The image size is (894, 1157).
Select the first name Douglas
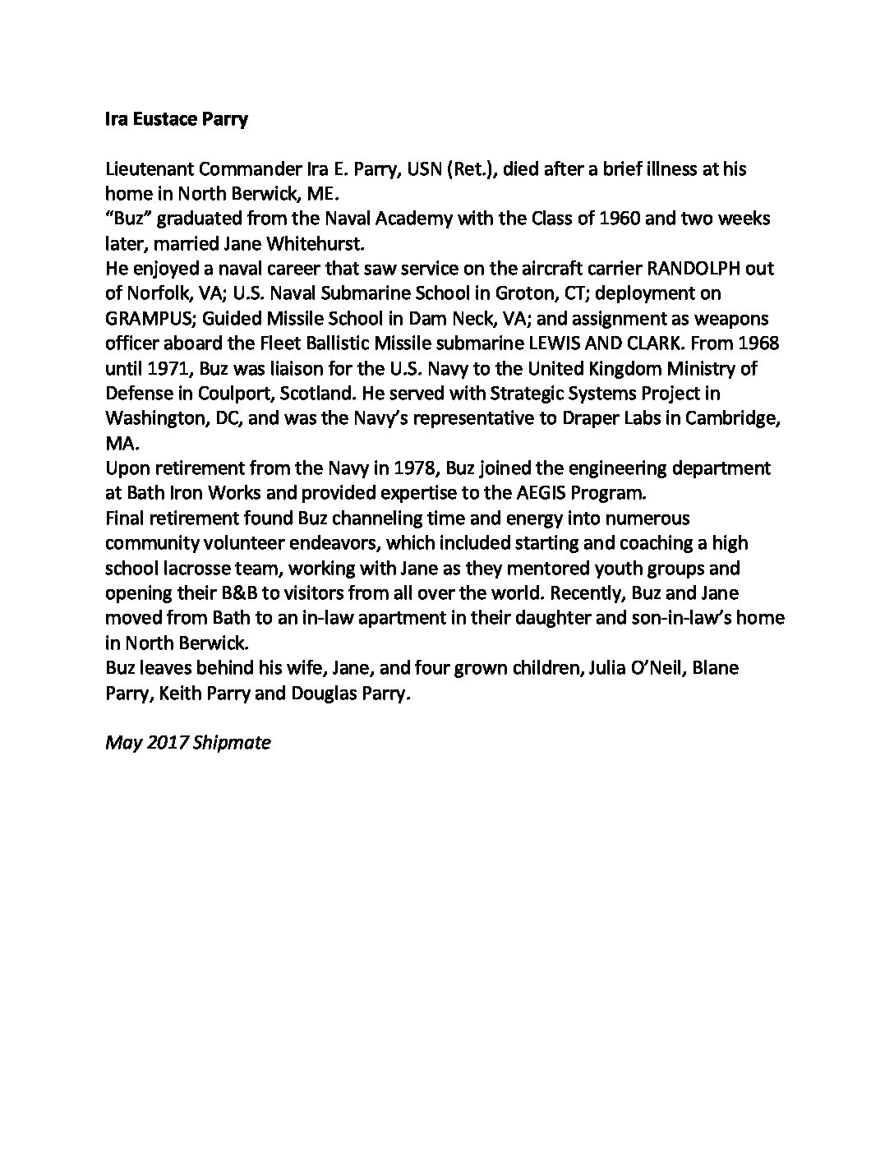click(325, 693)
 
